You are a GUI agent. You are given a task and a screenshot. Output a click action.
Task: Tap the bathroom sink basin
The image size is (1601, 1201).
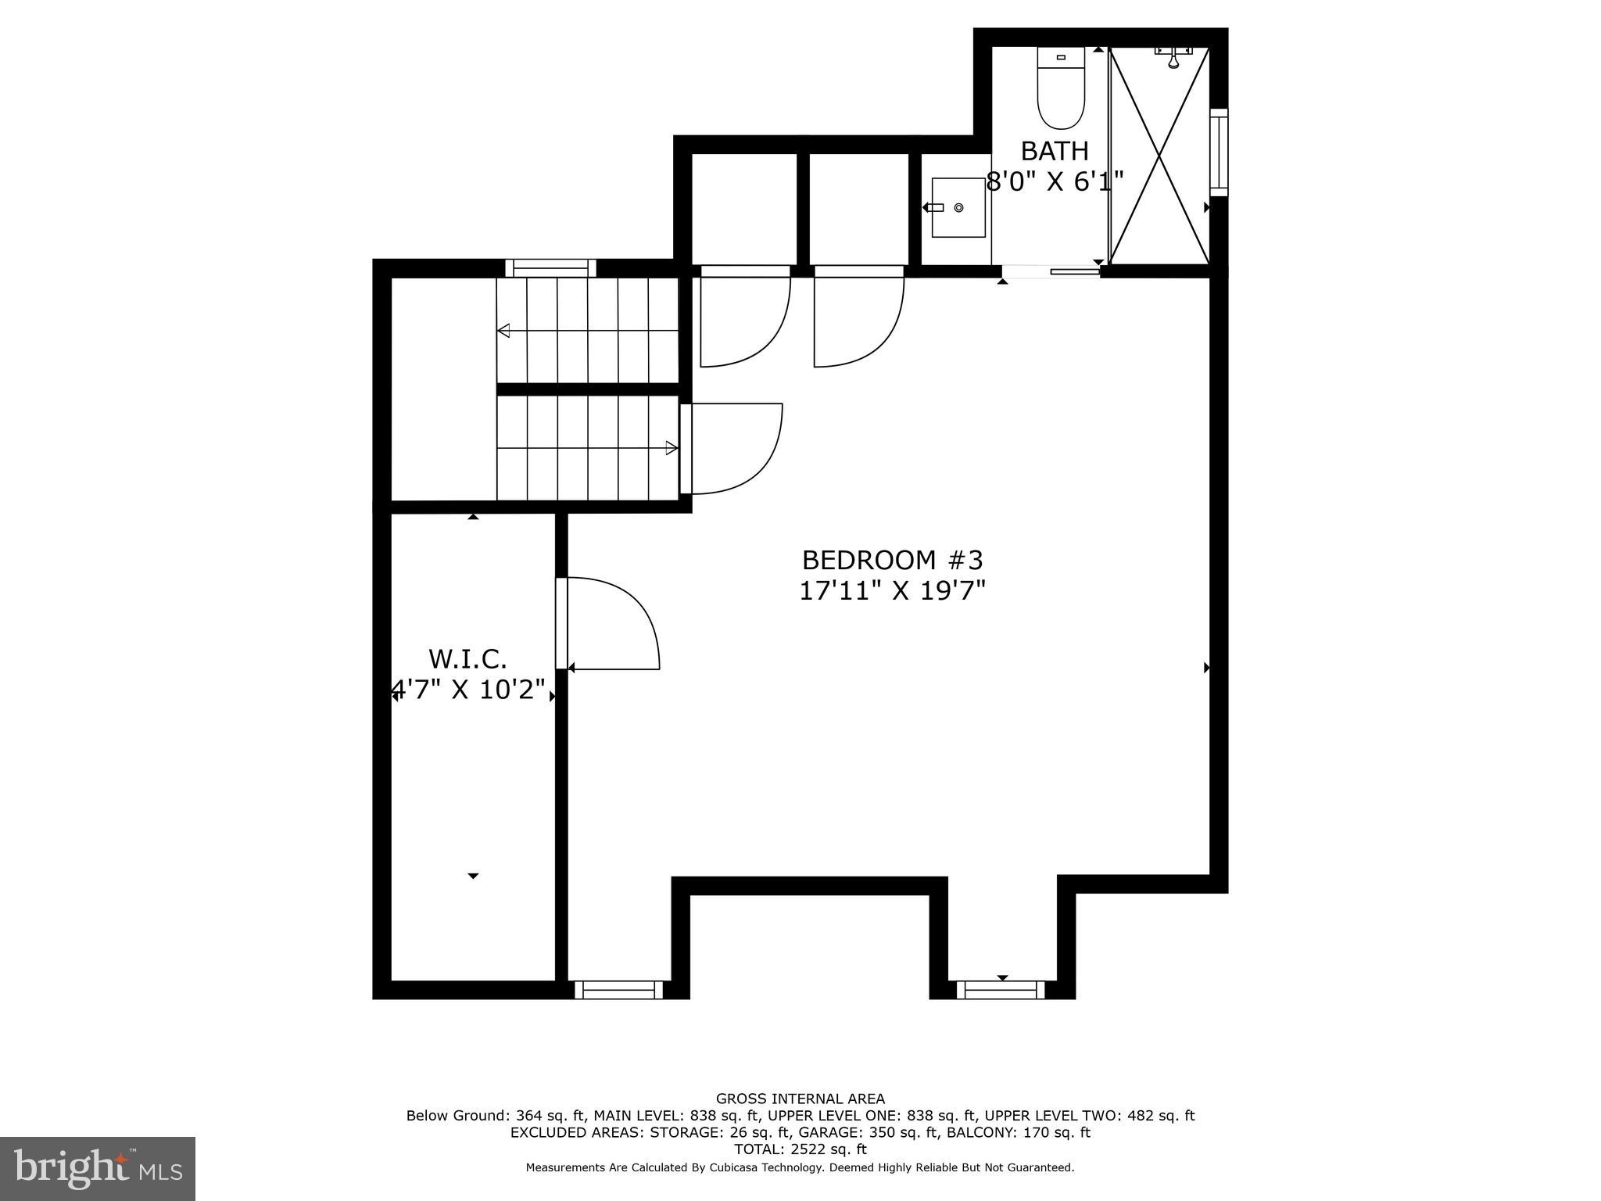click(958, 208)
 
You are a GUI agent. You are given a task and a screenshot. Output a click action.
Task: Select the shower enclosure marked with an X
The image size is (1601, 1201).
click(1159, 155)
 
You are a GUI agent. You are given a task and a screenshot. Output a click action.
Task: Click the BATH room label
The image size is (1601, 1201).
click(1055, 150)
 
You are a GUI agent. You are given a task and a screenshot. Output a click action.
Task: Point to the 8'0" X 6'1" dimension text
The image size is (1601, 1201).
click(1055, 182)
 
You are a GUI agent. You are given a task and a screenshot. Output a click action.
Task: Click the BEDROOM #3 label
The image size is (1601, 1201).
click(892, 560)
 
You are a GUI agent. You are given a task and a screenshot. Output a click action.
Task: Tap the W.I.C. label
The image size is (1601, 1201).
click(468, 659)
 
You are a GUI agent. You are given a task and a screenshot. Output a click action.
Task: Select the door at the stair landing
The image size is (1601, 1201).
click(731, 449)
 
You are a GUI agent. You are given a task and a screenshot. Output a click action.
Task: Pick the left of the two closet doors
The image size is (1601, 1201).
click(744, 317)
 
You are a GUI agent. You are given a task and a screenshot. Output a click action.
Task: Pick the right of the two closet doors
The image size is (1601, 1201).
click(858, 317)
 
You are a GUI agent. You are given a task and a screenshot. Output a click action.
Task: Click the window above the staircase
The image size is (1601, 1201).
click(551, 268)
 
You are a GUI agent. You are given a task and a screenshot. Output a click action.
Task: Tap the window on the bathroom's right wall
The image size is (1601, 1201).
click(1219, 152)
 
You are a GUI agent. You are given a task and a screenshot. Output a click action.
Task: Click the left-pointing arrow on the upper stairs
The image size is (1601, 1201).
click(504, 331)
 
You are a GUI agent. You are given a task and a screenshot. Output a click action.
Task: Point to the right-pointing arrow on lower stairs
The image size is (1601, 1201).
click(671, 448)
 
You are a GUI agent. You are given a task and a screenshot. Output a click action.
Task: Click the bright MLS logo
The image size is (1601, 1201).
click(98, 1168)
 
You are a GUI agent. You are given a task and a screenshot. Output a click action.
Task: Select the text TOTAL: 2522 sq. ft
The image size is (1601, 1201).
click(800, 1149)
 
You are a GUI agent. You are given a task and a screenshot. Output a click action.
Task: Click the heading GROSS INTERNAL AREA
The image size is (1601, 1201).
click(800, 1099)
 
